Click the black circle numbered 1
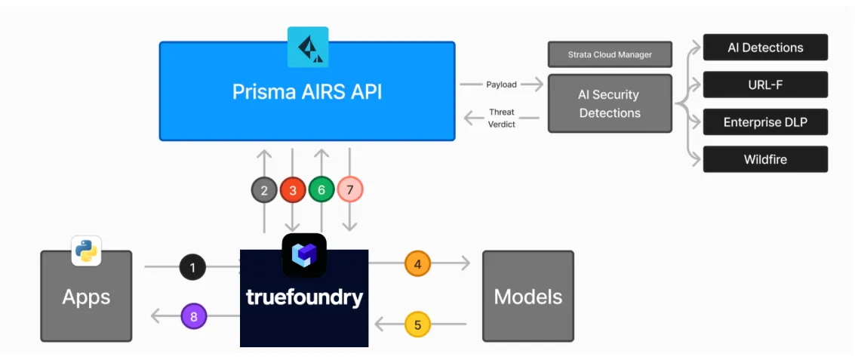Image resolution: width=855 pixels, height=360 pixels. click(x=192, y=267)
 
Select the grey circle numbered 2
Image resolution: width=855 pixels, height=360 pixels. click(x=264, y=189)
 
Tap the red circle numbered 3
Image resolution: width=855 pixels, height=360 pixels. click(x=293, y=189)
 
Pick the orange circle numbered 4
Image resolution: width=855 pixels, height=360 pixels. click(x=417, y=263)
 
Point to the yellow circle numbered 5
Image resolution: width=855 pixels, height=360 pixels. click(x=417, y=325)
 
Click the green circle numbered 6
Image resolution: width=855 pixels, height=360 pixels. click(x=321, y=189)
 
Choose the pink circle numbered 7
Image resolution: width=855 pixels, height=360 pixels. click(x=350, y=189)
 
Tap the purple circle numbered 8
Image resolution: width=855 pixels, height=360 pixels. click(x=193, y=316)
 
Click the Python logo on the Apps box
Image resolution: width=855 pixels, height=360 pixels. click(x=87, y=251)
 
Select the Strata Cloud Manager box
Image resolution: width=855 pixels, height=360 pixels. click(x=610, y=54)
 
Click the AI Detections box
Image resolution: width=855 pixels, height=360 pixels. click(x=765, y=48)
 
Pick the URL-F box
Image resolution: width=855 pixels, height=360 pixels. click(x=765, y=85)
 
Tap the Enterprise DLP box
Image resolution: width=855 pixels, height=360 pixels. click(x=765, y=122)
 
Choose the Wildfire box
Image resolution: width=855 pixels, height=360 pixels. click(x=765, y=159)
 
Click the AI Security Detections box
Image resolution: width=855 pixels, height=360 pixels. click(x=610, y=103)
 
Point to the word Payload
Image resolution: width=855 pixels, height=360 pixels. click(x=501, y=85)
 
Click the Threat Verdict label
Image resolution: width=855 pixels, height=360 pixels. click(x=501, y=118)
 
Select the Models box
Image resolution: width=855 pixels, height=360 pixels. click(x=528, y=296)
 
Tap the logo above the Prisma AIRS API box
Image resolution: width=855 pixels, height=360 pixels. click(x=308, y=47)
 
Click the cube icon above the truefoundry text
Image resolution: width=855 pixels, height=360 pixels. click(x=304, y=255)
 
